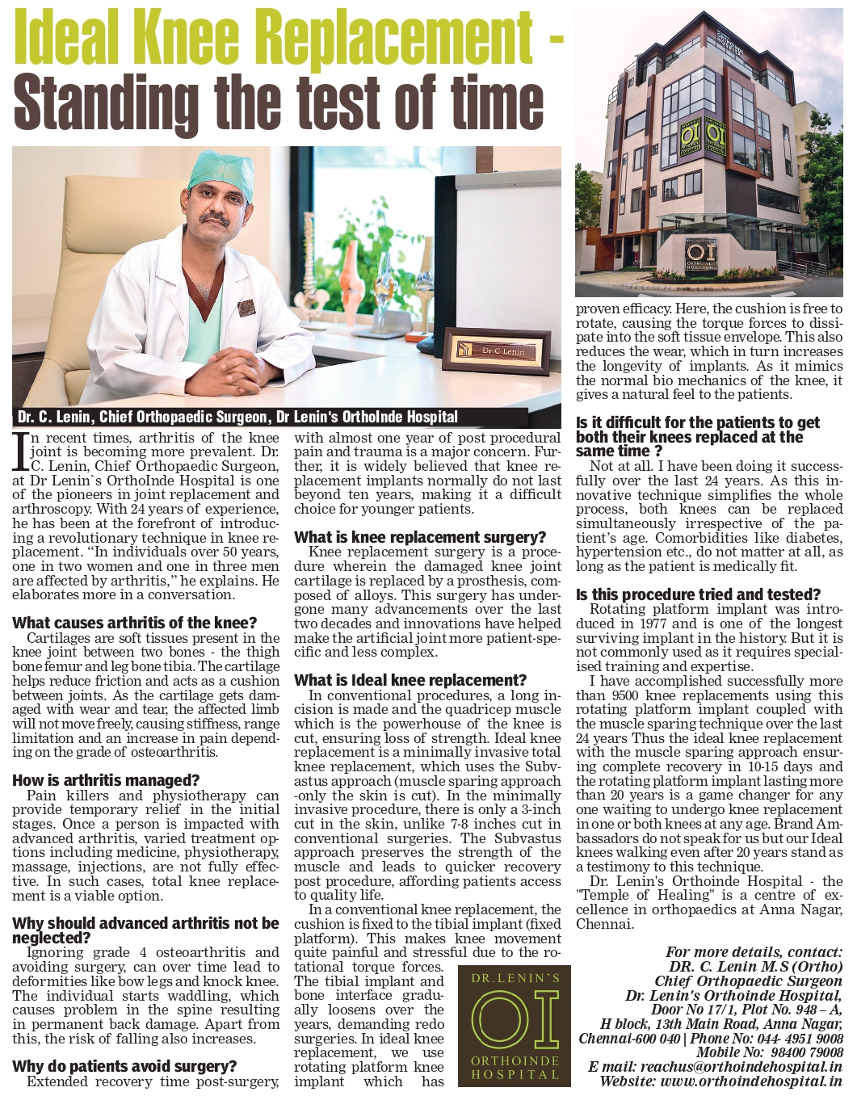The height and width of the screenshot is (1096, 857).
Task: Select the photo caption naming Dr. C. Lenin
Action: click(x=238, y=417)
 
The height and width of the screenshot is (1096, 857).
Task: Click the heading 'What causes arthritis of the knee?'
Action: click(x=135, y=623)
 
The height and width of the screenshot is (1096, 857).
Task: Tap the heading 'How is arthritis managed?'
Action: click(x=106, y=780)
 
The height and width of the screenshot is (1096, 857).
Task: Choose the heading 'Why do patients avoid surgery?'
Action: click(x=125, y=1066)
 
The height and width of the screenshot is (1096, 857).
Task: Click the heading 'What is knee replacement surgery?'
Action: click(x=420, y=537)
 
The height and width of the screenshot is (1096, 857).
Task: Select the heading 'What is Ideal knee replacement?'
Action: click(x=410, y=680)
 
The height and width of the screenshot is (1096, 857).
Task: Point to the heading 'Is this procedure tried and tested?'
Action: click(x=698, y=594)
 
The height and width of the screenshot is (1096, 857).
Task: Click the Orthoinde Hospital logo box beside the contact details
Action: click(x=515, y=1026)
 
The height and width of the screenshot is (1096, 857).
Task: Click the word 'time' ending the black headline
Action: click(x=494, y=102)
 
